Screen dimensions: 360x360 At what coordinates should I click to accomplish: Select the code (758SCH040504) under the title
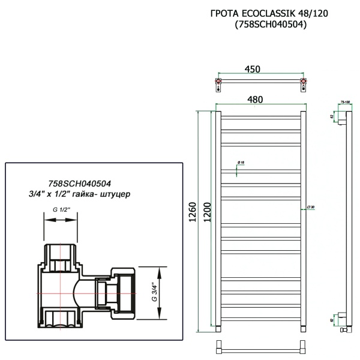pos(263,25)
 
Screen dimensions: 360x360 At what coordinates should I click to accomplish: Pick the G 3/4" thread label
pos(153,292)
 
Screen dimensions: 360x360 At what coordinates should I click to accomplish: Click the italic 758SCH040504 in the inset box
pos(79,184)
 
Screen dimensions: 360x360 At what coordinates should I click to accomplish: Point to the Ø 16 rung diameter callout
pos(239,163)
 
